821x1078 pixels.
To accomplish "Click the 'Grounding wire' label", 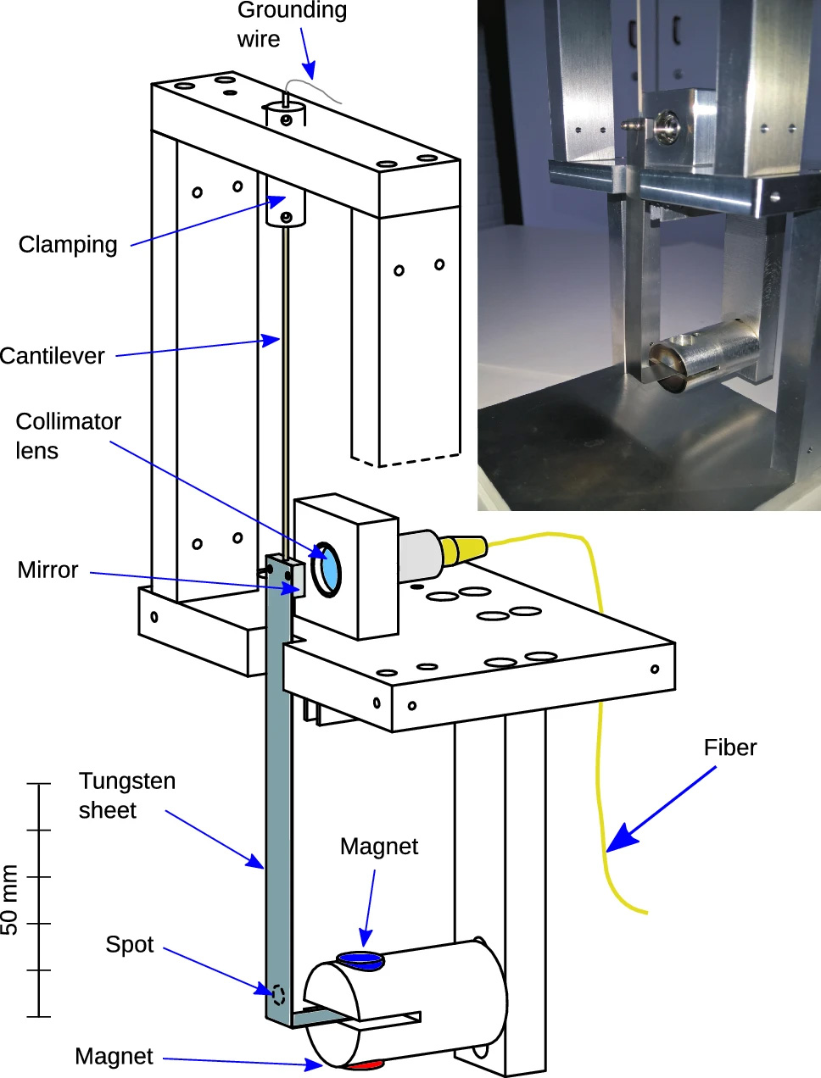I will click(291, 25).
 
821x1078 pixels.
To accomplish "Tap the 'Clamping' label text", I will click(68, 245).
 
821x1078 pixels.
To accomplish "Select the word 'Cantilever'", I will click(53, 356).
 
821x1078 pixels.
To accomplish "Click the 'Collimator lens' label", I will click(68, 436).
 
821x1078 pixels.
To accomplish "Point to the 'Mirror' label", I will click(47, 570).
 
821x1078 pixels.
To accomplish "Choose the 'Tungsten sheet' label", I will click(126, 795).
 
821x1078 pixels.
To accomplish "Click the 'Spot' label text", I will click(129, 944).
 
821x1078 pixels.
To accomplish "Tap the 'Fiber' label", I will click(729, 747).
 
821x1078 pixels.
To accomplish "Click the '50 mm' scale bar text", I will click(10, 899).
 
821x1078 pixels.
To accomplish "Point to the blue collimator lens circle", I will click(327, 569).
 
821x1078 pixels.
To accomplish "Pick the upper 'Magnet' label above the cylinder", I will click(378, 847).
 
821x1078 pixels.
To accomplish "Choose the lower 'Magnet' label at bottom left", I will click(114, 1057).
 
